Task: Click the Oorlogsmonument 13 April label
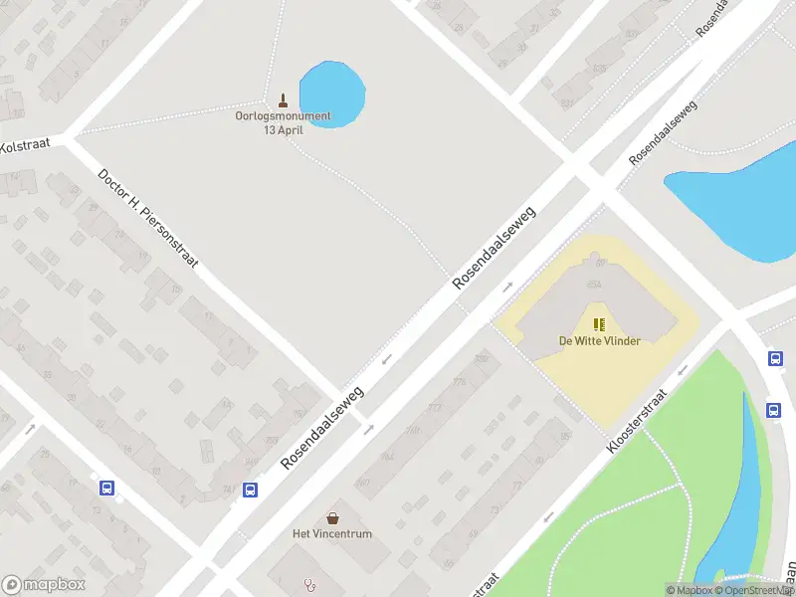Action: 283,122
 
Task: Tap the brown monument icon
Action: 283,99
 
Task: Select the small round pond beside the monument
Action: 332,92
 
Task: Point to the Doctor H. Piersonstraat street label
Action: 148,218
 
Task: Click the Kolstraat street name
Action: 25,146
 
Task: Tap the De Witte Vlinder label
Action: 599,341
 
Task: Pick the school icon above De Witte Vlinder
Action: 599,324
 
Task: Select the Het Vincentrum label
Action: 332,534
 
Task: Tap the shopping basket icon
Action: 332,518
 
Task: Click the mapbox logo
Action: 42,585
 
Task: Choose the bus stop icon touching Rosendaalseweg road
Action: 251,490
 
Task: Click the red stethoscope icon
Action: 310,585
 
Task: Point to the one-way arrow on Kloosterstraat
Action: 683,370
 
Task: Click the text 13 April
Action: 283,129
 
